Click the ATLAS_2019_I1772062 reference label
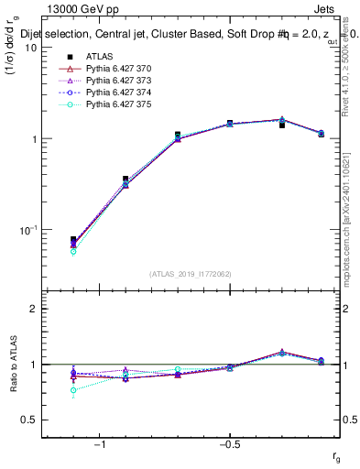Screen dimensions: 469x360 (x=191, y=273)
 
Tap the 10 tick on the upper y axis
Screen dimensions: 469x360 (x=29, y=48)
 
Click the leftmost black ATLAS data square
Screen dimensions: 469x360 (x=73, y=240)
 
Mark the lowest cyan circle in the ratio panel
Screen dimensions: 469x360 (x=73, y=390)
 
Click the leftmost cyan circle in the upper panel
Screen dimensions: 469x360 (x=73, y=251)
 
